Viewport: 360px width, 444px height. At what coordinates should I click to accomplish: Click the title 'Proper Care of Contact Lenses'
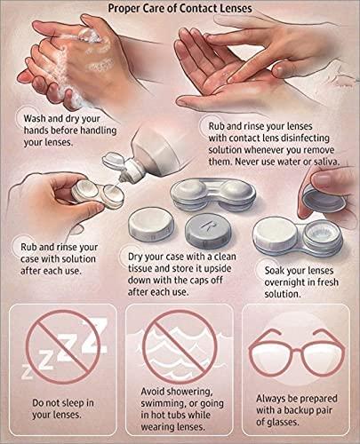click(180, 10)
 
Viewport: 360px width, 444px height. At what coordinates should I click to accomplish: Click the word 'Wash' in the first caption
click(36, 115)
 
